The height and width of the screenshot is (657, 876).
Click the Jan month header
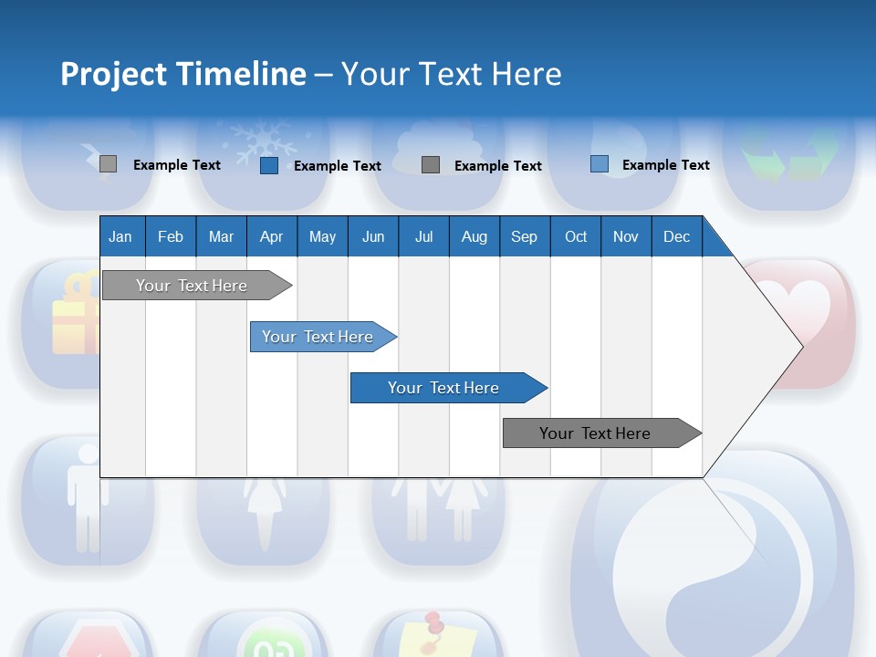click(x=120, y=236)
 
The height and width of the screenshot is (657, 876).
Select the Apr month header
click(x=271, y=236)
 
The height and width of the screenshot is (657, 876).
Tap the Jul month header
click(x=423, y=236)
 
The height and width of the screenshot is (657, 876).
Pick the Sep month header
click(x=524, y=236)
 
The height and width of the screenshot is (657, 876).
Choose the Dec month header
click(x=676, y=236)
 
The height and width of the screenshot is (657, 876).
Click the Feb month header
click(x=171, y=236)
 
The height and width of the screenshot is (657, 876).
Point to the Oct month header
click(x=576, y=236)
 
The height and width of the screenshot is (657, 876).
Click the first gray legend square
click(x=108, y=164)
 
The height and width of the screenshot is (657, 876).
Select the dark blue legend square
click(x=269, y=165)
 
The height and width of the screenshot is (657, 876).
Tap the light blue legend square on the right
click(x=600, y=164)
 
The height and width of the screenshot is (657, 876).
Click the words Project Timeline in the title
click(x=182, y=74)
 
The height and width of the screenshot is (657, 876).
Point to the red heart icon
click(x=798, y=306)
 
